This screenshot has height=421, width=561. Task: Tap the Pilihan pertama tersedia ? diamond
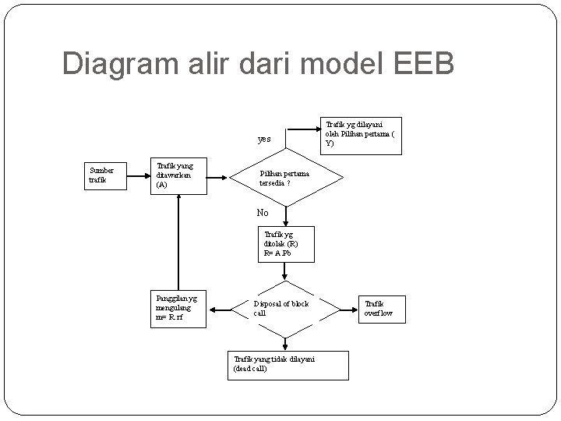(285, 178)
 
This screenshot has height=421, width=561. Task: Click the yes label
(264, 140)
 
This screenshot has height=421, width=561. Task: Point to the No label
(263, 213)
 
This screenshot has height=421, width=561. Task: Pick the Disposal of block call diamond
(285, 309)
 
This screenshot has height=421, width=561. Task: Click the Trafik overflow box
(379, 309)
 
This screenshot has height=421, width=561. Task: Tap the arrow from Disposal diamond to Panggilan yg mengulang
(220, 309)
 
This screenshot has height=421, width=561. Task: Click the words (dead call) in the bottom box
(251, 370)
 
